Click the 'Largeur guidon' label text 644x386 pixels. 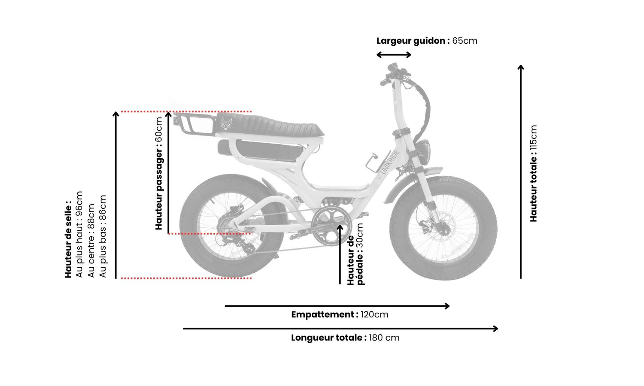pyautogui.click(x=413, y=41)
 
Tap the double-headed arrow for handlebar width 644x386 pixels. pyautogui.click(x=394, y=54)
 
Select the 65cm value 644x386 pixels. pyautogui.click(x=465, y=41)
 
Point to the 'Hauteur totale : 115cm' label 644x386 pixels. pyautogui.click(x=533, y=173)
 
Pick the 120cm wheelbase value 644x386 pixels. pyautogui.click(x=374, y=314)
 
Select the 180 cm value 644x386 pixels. pyautogui.click(x=384, y=338)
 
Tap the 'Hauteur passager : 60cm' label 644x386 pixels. pyautogui.click(x=159, y=173)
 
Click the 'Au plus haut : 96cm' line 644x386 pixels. pyautogui.click(x=79, y=234)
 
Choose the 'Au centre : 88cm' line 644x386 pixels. pyautogui.click(x=91, y=241)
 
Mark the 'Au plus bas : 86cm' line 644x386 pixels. pyautogui.click(x=103, y=236)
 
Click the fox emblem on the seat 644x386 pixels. pyautogui.click(x=226, y=124)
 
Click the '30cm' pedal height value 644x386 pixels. pyautogui.click(x=360, y=235)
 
